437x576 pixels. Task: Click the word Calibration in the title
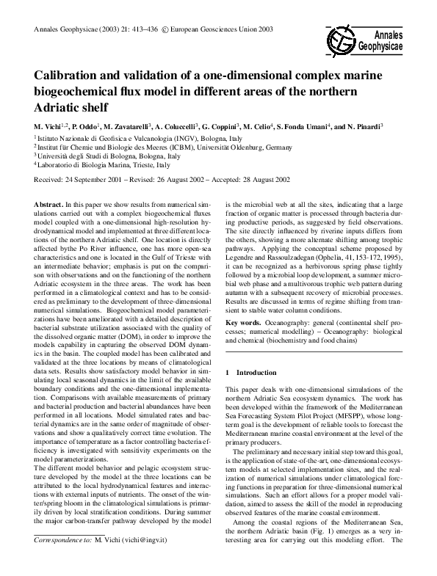click(x=68, y=76)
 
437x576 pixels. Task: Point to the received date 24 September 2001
click(x=99, y=179)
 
